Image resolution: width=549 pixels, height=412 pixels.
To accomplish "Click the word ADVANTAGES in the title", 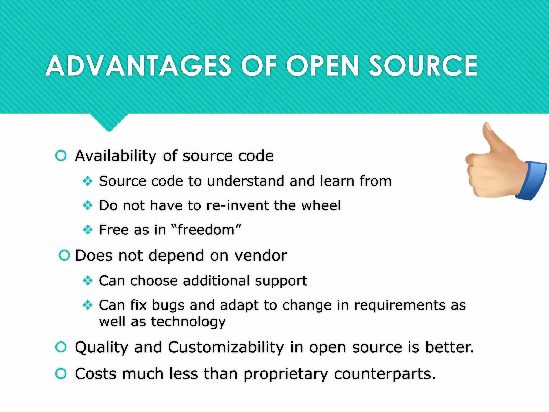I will [138, 66].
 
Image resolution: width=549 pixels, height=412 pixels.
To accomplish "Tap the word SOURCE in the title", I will [423, 66].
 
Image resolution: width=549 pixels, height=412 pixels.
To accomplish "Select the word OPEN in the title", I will [322, 66].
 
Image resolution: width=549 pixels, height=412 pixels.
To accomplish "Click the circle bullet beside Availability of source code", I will [61, 156].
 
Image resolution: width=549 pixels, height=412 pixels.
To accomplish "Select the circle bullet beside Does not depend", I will [64, 255].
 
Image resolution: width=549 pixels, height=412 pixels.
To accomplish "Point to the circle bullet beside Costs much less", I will [61, 374].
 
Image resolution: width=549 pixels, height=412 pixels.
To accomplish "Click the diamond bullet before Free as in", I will [88, 230].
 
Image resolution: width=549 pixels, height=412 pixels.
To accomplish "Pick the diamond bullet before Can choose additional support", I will [88, 281].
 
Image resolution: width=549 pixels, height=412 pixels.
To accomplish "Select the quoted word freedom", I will [206, 230].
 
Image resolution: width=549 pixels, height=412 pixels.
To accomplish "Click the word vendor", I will [261, 255].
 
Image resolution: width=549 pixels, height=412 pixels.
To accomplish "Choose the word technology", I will [188, 322].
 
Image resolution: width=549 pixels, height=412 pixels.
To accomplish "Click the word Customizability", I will [226, 347].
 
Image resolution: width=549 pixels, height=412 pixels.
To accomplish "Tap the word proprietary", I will [285, 374].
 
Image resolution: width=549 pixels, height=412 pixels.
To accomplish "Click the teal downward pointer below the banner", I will [109, 122].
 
